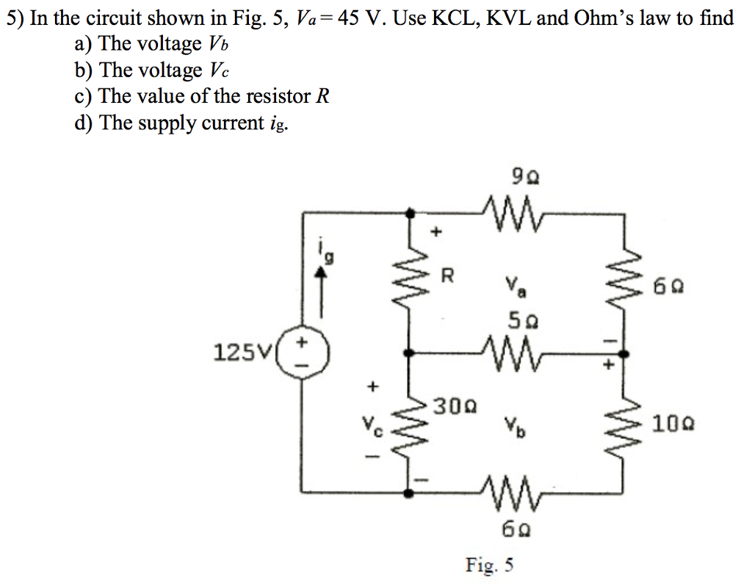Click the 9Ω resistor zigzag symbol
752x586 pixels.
click(x=518, y=211)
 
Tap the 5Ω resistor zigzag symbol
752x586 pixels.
click(x=518, y=353)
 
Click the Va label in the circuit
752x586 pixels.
click(x=514, y=287)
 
